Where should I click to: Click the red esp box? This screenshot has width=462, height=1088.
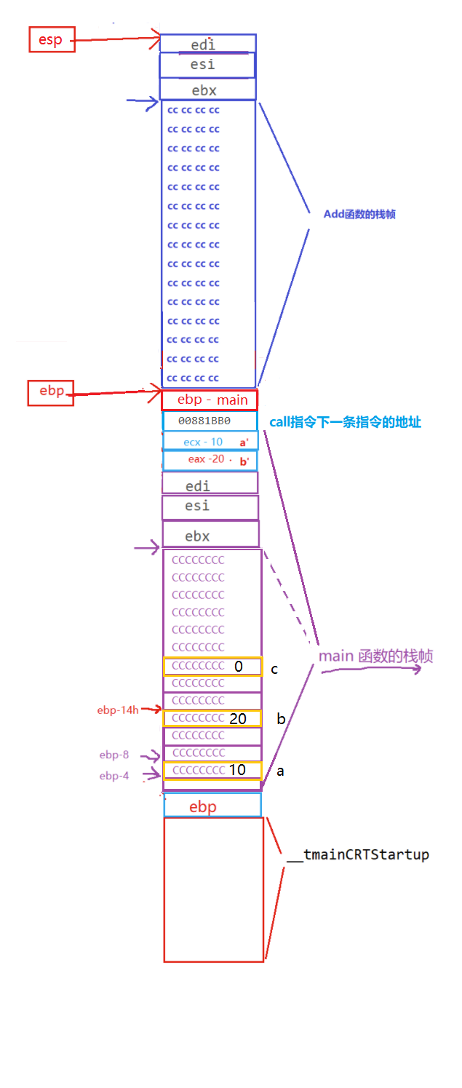(50, 40)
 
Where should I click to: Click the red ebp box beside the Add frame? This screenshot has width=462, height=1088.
(52, 392)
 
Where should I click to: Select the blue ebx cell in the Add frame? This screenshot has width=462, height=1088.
(207, 90)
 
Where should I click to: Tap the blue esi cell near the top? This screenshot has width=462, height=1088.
(207, 65)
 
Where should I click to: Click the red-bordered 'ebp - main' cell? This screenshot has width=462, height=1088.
(210, 400)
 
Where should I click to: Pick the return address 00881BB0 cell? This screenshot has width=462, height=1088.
(210, 421)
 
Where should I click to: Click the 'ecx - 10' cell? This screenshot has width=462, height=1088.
(210, 442)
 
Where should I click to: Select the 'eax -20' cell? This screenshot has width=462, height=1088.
(210, 460)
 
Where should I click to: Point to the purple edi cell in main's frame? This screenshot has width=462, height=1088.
(210, 484)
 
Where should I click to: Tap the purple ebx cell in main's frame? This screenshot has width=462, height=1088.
(210, 536)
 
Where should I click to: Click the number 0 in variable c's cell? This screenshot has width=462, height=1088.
(238, 667)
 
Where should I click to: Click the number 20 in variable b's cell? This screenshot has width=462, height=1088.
(238, 719)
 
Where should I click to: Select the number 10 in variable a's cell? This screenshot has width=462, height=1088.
(237, 770)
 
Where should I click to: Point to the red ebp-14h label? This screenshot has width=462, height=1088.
(117, 710)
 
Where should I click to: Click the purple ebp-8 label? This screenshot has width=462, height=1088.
(114, 755)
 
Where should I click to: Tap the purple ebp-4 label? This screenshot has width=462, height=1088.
(114, 777)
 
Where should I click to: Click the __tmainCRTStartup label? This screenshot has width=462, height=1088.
(358, 854)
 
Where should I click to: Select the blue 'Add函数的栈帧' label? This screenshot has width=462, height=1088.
(359, 215)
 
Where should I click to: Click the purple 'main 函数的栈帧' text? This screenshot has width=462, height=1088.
(375, 656)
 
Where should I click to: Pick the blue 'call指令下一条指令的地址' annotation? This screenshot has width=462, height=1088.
(346, 423)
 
